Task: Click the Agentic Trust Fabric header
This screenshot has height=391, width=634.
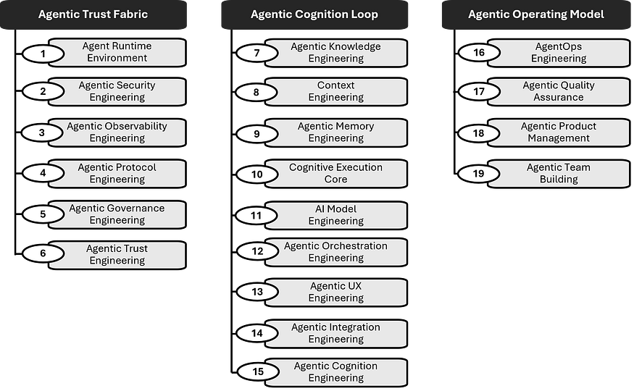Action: (93, 14)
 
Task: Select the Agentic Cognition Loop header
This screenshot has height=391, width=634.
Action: (314, 14)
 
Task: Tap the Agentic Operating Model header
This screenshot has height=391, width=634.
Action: (535, 14)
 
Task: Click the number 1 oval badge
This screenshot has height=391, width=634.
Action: (43, 53)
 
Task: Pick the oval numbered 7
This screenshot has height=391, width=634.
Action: (256, 53)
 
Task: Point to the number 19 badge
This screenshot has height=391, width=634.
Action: (479, 174)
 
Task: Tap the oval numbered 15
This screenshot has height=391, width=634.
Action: (257, 372)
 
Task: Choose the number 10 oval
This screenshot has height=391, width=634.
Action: (257, 174)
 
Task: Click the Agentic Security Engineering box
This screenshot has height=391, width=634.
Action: (117, 91)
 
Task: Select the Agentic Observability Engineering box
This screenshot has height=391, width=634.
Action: (117, 133)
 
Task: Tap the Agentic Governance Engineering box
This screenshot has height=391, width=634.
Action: (117, 214)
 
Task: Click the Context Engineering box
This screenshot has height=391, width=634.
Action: (335, 91)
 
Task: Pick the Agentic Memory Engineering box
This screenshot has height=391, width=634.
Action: (335, 133)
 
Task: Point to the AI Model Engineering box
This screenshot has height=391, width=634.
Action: (335, 215)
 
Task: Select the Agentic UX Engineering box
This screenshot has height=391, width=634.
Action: (335, 292)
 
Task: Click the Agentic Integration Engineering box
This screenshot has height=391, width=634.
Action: (335, 333)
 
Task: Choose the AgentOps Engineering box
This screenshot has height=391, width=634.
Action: (558, 53)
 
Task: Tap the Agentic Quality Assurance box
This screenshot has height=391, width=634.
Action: (558, 91)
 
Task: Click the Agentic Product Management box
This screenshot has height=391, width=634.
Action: (558, 133)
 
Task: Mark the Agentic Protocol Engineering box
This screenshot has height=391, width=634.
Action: (117, 174)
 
